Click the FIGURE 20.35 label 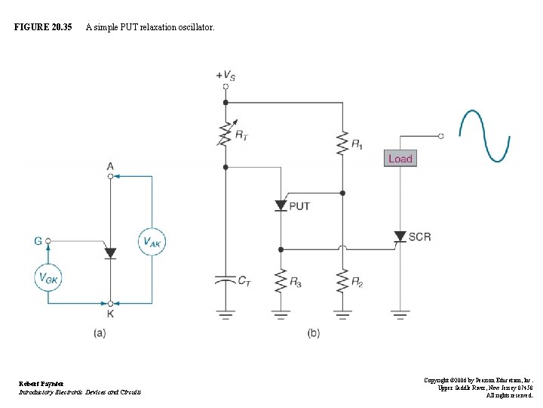(x=43, y=27)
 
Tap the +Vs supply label (x=225, y=75)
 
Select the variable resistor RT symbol (x=225, y=134)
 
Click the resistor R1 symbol (x=342, y=141)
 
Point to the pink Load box (x=400, y=159)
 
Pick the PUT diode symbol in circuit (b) (x=281, y=206)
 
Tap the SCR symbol (x=400, y=236)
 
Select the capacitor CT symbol (x=225, y=280)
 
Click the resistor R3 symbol (x=281, y=282)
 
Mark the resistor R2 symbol (x=342, y=282)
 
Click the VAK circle (x=152, y=242)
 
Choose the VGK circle (x=48, y=277)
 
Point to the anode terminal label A (x=110, y=166)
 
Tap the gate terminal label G (x=38, y=241)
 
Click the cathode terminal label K (x=110, y=314)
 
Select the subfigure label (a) (x=99, y=333)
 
